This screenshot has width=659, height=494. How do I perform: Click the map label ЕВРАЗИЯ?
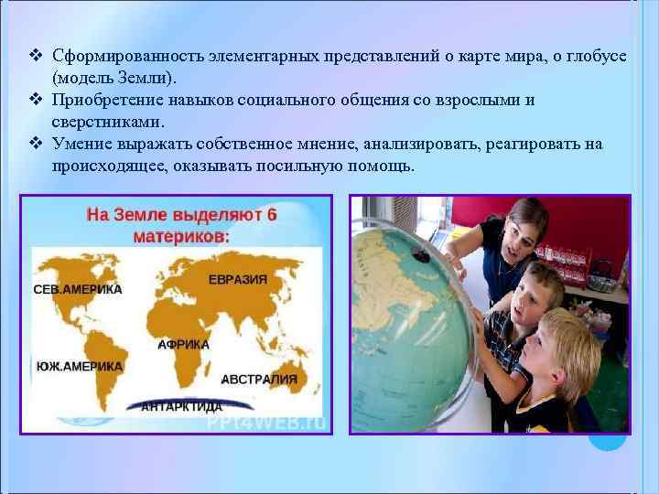coord(237,279)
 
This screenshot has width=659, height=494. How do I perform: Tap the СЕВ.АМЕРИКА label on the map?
coord(78,289)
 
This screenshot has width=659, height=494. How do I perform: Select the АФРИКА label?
coord(183,345)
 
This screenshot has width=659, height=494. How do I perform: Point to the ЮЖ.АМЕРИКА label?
coord(80,365)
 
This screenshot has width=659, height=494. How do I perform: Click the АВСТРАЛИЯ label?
coord(259,379)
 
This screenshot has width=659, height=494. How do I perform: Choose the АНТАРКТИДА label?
coord(181,406)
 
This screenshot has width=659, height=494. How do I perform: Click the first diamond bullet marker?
coord(37,57)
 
